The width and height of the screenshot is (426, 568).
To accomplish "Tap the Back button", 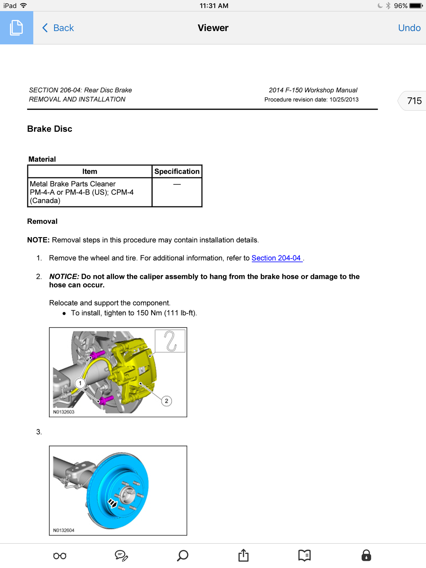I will point(58,28).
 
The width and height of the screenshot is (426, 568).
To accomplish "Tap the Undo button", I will point(409,28).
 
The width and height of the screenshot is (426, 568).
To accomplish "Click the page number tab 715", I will point(414,101).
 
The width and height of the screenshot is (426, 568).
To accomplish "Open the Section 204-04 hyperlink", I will point(276,258).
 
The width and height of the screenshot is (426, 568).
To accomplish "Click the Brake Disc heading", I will point(50,129).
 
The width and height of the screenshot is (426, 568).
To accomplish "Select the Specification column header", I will point(177,172).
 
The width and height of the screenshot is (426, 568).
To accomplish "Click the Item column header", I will point(90,172).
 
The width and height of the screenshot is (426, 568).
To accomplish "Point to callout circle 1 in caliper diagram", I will point(80,383).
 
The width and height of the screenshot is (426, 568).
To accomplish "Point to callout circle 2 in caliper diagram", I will point(166,401).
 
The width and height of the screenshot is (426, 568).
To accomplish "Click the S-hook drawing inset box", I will point(170,341).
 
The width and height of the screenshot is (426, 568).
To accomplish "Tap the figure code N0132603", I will point(64,412).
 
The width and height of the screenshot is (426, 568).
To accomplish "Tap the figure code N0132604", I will point(64,530).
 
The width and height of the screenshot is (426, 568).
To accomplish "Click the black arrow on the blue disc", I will point(112,504).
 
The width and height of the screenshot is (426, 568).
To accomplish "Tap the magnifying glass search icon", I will point(183,555).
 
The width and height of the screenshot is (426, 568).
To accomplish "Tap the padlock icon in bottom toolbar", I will point(366,555).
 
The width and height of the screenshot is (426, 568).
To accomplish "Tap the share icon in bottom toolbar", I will point(243,555).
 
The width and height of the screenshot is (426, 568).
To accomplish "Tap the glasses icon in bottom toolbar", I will point(60,556).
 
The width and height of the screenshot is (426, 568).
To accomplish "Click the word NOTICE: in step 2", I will point(64,277).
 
